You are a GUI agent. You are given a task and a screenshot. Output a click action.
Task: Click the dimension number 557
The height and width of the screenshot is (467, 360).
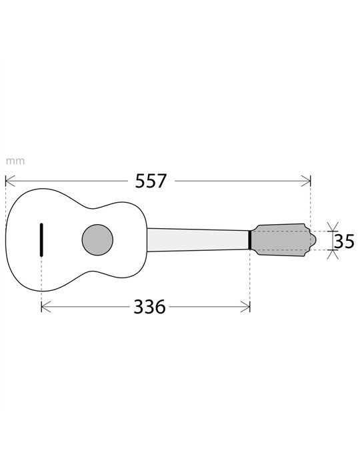pos(151,181)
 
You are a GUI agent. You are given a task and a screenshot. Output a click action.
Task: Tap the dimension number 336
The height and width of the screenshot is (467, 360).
pos(149,307)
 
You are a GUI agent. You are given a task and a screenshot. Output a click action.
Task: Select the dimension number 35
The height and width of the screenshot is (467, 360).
pos(344,241)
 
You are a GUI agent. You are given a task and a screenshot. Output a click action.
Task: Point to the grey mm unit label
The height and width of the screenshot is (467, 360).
pos(15,161)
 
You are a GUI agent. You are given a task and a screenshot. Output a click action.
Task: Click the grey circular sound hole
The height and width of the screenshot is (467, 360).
pos(97,240)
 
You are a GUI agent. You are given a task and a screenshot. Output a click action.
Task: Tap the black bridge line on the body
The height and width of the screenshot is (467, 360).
pos(41,240)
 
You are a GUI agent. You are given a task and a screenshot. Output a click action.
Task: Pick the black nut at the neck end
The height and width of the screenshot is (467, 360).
pos(249,240)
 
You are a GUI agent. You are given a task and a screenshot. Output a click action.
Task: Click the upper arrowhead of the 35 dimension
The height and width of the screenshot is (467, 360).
pos(333,227)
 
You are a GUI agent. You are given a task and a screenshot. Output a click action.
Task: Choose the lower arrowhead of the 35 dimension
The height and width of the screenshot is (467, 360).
pos(333,254)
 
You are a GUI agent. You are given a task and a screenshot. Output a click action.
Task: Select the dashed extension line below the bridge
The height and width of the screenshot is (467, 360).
pos(41,280)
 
